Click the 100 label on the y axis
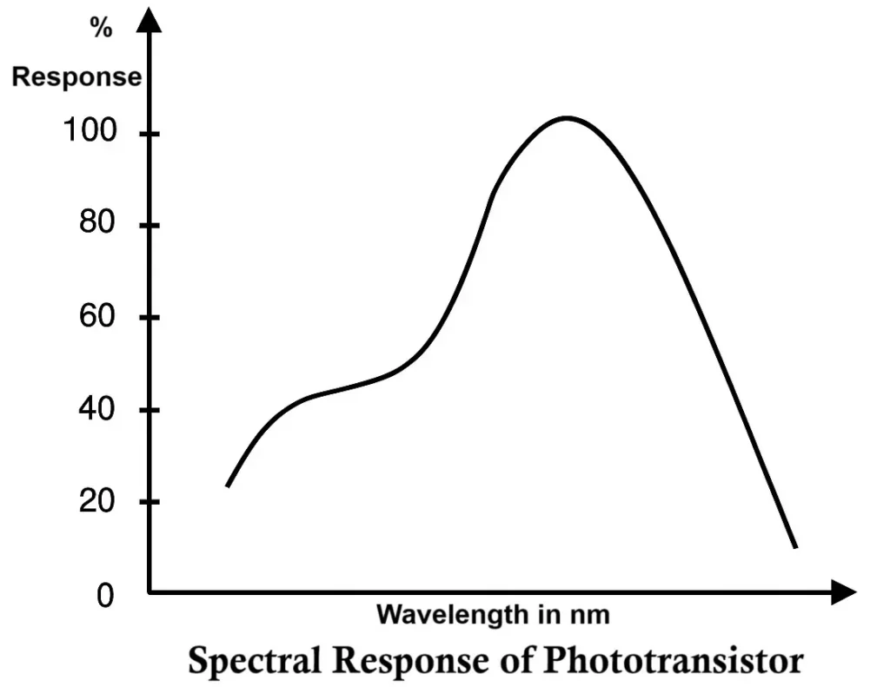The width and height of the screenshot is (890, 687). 90,132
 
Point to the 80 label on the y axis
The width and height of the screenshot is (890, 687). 97,224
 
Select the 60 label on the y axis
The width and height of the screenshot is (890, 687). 97,316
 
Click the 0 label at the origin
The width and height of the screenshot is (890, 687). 106,597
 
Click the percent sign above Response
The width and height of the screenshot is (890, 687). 102,29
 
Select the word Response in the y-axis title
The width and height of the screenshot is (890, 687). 76,76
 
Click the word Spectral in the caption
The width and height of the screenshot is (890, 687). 257,662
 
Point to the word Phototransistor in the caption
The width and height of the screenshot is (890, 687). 673,662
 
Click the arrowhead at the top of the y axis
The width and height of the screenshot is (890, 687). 150,19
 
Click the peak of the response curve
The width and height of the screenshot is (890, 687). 568,117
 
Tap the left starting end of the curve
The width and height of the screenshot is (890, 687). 228,486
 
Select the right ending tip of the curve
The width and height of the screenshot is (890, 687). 794,546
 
